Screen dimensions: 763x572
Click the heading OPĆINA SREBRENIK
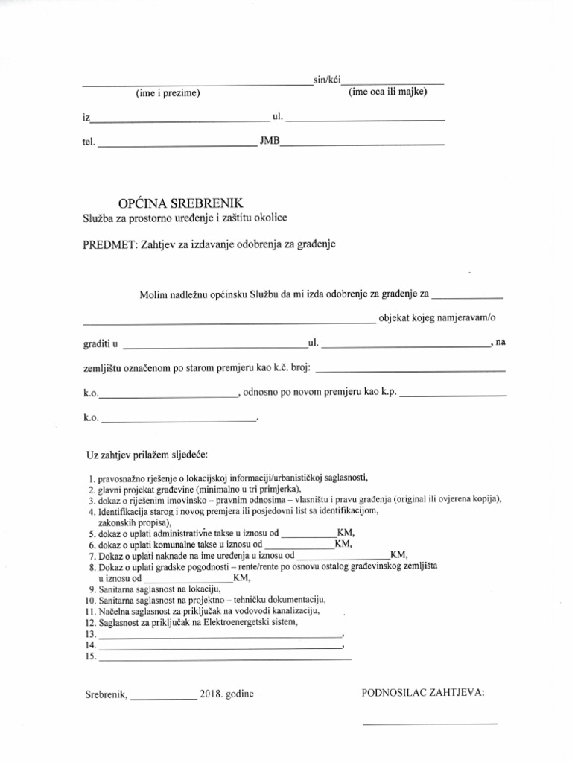coord(181,203)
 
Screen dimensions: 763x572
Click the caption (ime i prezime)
coord(168,93)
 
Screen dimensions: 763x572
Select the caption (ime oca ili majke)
coord(387,92)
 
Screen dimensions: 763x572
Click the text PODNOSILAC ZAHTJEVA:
coord(422,692)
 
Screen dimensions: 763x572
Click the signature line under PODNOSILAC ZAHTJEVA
coord(430,723)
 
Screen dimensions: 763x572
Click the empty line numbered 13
coord(220,636)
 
